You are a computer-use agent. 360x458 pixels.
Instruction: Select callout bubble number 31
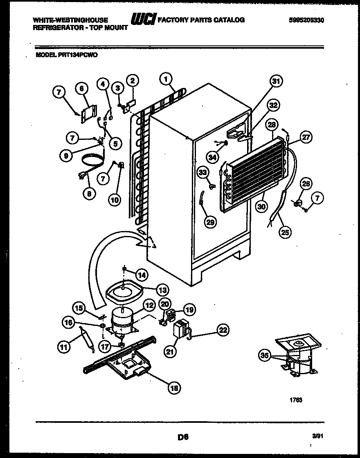point(277,82)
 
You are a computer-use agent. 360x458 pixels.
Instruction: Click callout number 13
point(163,290)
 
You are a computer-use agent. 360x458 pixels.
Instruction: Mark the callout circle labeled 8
point(89,194)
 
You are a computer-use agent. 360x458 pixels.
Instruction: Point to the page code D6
point(182,437)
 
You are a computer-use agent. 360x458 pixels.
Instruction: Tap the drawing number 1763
point(296,400)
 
